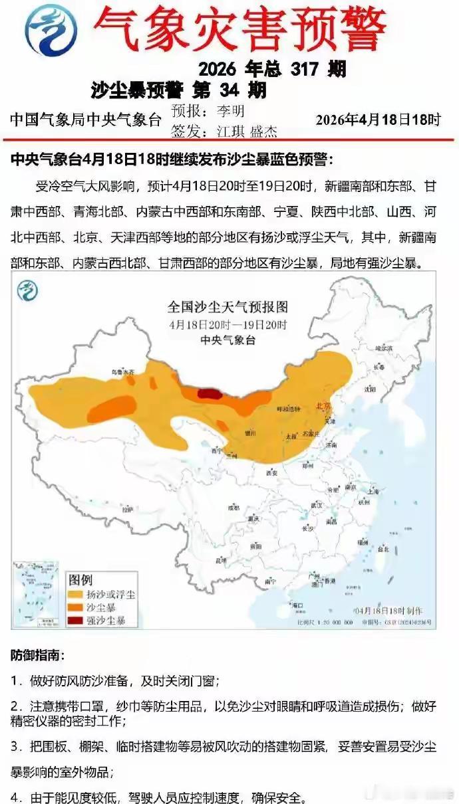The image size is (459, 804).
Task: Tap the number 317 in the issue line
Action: pos(305,68)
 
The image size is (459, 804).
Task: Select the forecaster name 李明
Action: pos(231,110)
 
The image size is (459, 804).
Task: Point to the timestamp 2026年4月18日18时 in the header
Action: pos(378,120)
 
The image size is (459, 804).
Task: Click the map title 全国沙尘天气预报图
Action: pos(228,308)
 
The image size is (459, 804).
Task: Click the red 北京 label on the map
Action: pos(324,406)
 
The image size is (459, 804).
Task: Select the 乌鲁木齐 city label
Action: pos(122,373)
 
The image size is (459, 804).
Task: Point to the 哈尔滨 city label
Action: pos(384,348)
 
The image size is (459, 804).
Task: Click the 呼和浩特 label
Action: pos(289,409)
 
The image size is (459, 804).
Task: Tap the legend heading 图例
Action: pos(80,579)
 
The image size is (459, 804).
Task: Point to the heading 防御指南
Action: pos(37,655)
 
